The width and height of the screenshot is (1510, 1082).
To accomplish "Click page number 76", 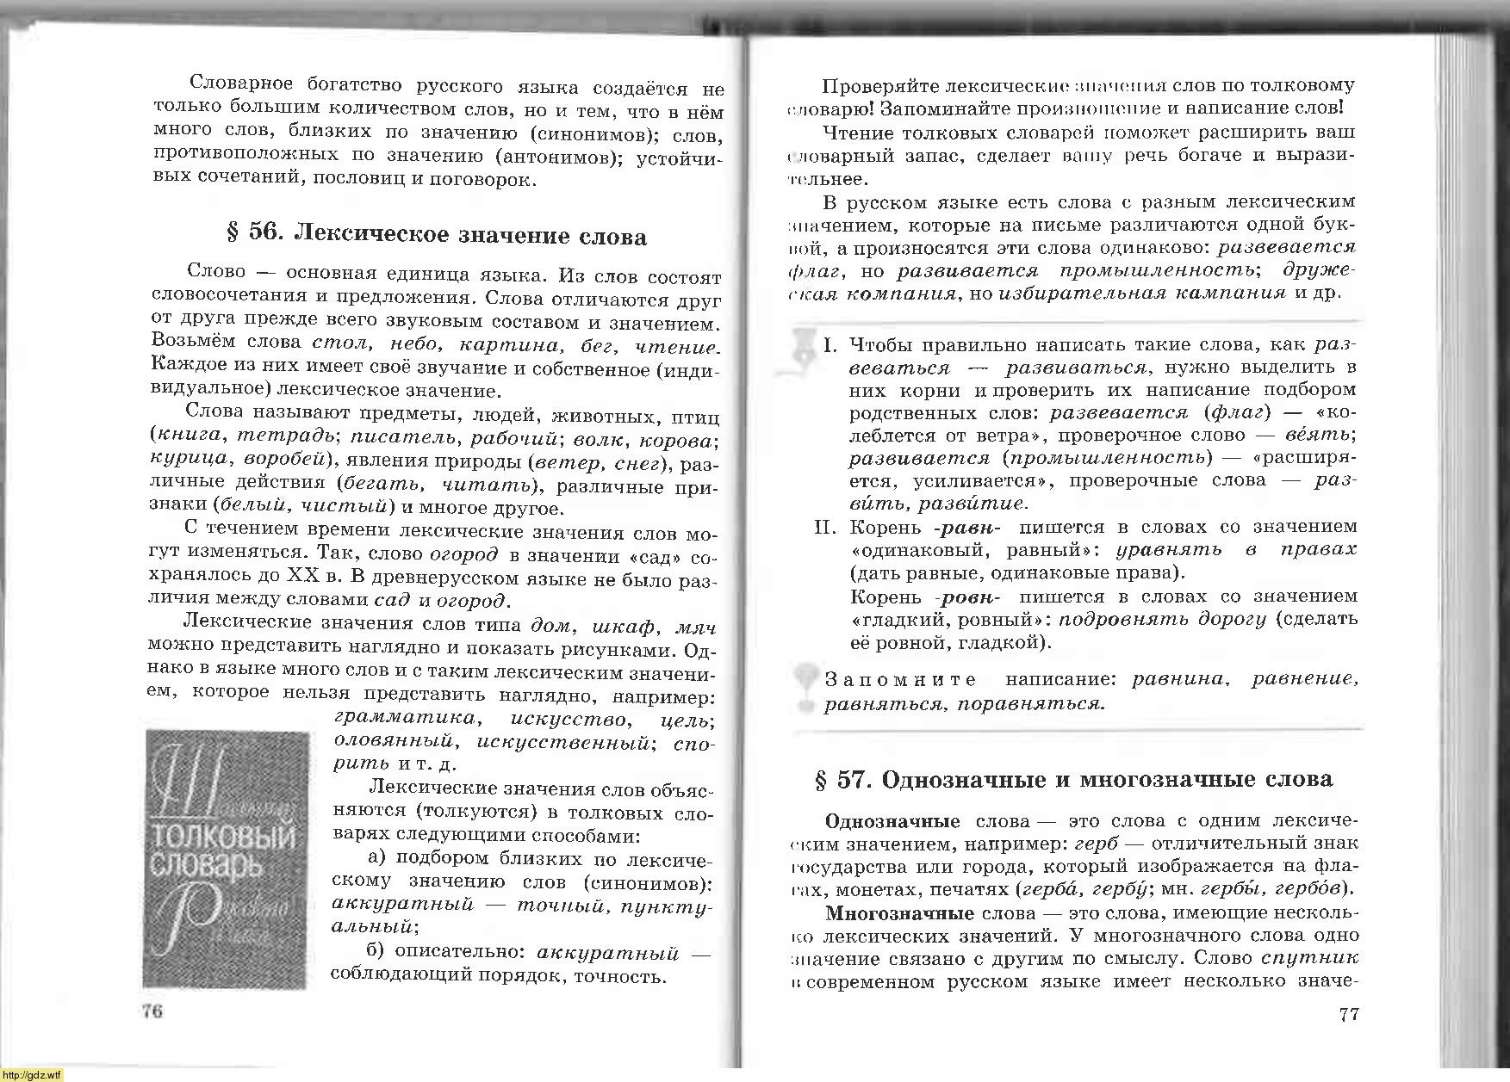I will point(152,1011).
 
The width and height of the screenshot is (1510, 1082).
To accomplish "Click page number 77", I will point(1349,1014).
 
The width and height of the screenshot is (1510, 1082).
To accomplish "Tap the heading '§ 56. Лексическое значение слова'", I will point(436,235).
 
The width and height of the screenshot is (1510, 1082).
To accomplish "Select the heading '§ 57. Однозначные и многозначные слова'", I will point(1073,780).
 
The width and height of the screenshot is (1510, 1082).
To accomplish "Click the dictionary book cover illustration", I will point(227,859).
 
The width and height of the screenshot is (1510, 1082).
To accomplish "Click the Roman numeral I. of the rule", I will point(830,345).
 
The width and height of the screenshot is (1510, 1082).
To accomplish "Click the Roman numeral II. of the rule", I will point(826,527).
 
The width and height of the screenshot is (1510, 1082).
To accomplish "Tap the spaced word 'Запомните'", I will point(900,680).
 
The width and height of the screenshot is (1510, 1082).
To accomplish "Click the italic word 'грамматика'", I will point(404,718).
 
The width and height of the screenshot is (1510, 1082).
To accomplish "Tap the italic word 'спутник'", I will point(1309,958).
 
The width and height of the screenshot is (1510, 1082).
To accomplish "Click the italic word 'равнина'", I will point(1178,679).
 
